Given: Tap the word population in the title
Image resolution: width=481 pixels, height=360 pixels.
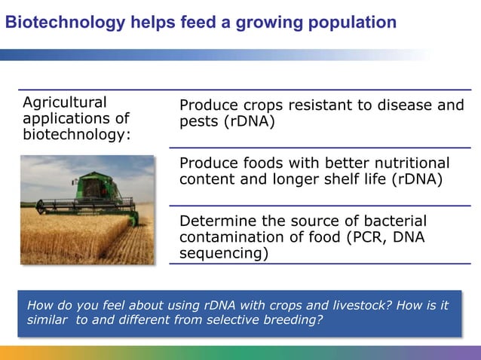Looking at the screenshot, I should (x=354, y=23).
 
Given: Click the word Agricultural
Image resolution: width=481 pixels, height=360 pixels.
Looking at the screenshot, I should (x=65, y=102).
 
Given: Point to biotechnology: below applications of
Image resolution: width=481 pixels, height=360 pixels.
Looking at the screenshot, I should (x=76, y=134).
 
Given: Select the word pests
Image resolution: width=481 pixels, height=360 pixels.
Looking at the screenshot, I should (x=198, y=122).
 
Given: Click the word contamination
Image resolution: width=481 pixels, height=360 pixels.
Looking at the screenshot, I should (x=231, y=237).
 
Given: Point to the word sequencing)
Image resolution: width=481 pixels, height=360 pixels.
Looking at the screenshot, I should (x=223, y=254).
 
